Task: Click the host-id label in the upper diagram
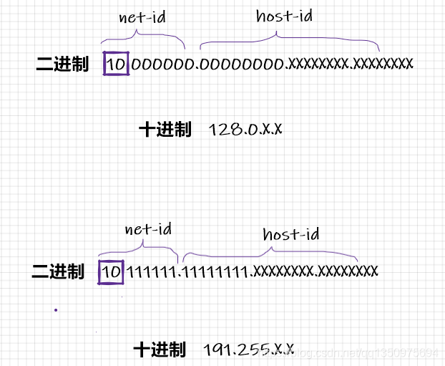coord(283,16)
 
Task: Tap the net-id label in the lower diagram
coord(148,229)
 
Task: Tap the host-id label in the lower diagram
coord(290,234)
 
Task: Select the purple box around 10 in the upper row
coord(116,64)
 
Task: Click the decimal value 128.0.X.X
coord(245,130)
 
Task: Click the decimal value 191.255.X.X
coord(248,350)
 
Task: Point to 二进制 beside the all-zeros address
coord(62,64)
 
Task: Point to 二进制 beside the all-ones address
coord(58,272)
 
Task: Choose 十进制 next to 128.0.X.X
coord(165,130)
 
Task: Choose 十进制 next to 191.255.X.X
coord(160,350)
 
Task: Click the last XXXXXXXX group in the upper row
coord(383,64)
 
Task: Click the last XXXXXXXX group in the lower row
coord(347,272)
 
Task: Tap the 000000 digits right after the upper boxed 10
coord(162,64)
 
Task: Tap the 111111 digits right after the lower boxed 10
coord(152,272)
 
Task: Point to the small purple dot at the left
coord(55,310)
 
